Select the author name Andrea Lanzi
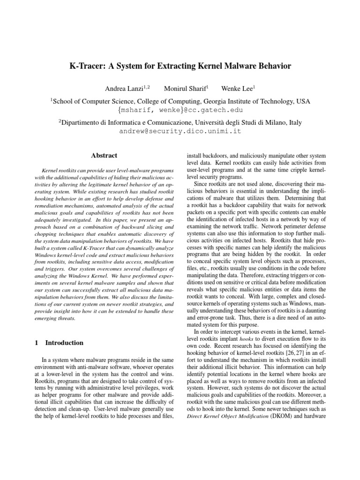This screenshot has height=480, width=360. click(x=124, y=88)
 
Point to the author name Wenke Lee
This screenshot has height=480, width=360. click(x=238, y=88)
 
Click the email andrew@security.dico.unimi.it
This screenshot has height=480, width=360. click(x=180, y=131)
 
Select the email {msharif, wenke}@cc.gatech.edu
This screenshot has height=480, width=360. click(x=180, y=110)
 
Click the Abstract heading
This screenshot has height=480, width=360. click(x=104, y=156)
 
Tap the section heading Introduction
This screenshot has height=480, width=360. click(x=65, y=343)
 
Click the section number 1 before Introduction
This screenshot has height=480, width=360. click(x=37, y=343)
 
